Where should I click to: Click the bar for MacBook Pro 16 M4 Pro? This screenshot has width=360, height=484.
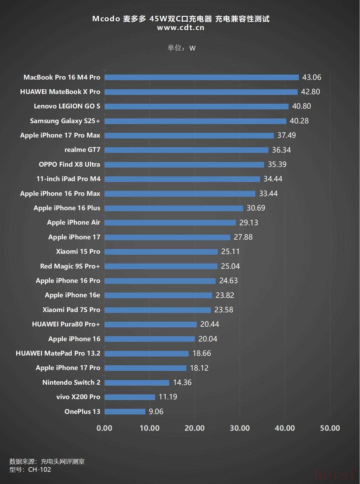click(x=201, y=77)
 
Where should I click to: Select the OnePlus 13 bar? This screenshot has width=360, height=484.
click(x=125, y=411)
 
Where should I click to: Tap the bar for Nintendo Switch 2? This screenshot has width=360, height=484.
click(x=137, y=383)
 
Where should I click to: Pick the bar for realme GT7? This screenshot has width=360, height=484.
click(x=186, y=150)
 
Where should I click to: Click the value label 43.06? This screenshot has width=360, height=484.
click(x=311, y=77)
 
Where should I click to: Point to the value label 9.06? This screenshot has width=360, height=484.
click(x=156, y=411)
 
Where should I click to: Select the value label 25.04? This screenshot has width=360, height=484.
click(x=230, y=266)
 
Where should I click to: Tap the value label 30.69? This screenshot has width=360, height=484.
click(x=256, y=208)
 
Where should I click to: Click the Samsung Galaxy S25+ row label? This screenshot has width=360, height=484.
click(x=65, y=121)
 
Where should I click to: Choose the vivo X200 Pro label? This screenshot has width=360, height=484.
click(x=78, y=397)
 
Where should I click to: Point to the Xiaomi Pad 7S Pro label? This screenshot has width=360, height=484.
click(x=71, y=310)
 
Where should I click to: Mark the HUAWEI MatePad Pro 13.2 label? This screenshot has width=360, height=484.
click(x=58, y=353)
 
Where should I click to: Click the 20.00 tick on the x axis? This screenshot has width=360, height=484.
click(x=195, y=428)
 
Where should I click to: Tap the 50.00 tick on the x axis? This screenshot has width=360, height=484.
click(x=330, y=428)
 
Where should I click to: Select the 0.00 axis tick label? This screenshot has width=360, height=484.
click(x=104, y=428)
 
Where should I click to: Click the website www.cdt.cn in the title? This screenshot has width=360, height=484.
click(x=180, y=28)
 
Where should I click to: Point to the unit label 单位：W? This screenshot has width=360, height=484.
click(x=181, y=48)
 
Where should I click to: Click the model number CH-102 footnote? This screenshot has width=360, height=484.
click(x=30, y=470)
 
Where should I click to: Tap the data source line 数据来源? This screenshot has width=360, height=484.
click(x=47, y=461)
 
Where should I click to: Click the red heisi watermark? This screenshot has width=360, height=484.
click(x=335, y=475)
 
